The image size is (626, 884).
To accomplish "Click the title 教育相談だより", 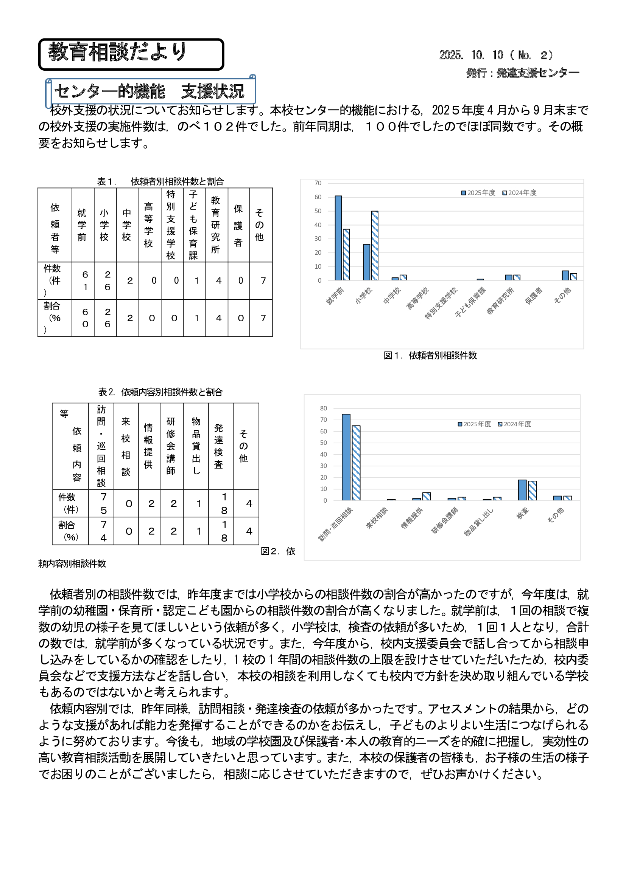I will pos(118,53).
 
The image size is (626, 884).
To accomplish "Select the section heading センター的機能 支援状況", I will pos(149,91).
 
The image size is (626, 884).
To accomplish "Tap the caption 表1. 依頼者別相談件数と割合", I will pos(160,181).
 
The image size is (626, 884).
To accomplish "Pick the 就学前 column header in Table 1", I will pos(82,225).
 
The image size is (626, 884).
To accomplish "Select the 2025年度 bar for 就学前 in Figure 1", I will pos(338,238).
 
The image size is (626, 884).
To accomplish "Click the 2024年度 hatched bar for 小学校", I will pos(375,246).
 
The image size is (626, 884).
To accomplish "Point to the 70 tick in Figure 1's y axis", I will pos(318,183).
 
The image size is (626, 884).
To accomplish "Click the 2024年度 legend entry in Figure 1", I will pos(519,193).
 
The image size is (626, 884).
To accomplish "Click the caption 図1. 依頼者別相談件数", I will pos(430,355).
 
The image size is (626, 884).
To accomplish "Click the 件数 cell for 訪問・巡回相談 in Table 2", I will pos(103,503).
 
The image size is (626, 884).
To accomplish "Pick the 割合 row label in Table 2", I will pos(69,531).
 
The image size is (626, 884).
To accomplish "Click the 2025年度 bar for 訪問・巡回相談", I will pos(346,457).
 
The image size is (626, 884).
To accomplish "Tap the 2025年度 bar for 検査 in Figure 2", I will pos(522,490).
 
